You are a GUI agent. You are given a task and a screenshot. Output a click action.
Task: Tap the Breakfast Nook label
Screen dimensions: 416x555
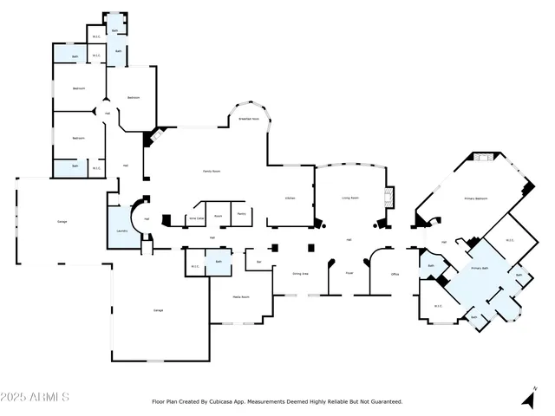(x=251, y=119)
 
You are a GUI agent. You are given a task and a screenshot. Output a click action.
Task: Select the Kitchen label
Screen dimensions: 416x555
(x=291, y=198)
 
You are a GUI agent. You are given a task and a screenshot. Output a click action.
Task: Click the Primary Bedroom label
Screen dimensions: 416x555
(x=474, y=198)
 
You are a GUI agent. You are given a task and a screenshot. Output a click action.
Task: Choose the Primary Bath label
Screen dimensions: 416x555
(x=480, y=269)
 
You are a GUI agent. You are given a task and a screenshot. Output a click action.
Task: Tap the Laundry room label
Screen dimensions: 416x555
(x=120, y=231)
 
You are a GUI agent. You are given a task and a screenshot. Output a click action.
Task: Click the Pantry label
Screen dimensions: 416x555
(x=241, y=213)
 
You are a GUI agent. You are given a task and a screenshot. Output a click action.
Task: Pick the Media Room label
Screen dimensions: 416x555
(x=241, y=296)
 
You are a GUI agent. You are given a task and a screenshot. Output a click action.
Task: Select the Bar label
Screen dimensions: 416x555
(x=258, y=259)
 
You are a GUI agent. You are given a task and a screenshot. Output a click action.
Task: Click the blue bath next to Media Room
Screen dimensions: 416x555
(x=219, y=262)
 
